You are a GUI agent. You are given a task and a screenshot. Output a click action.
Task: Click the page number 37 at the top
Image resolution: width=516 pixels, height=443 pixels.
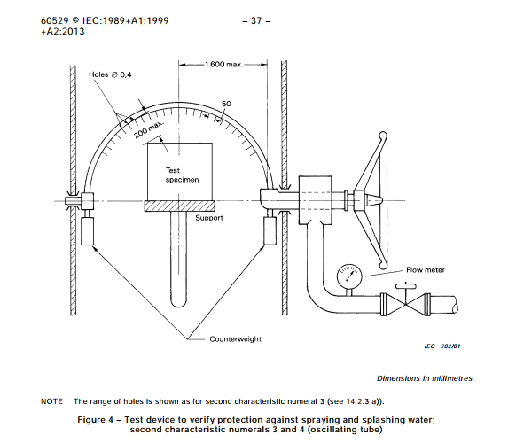(x=256, y=21)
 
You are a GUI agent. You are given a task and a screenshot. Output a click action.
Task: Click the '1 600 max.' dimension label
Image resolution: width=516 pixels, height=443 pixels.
(x=223, y=65)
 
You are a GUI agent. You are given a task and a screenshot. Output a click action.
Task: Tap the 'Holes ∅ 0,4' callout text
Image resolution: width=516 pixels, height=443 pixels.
(x=110, y=74)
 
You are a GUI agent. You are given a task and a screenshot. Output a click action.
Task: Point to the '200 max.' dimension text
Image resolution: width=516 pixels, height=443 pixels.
(x=149, y=129)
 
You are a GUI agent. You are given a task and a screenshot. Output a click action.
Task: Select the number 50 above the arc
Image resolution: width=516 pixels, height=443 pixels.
(x=226, y=104)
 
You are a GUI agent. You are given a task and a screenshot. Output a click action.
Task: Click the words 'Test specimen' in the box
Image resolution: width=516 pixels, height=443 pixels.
(x=182, y=175)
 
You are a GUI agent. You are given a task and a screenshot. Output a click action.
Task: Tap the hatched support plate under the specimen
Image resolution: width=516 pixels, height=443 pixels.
(x=180, y=206)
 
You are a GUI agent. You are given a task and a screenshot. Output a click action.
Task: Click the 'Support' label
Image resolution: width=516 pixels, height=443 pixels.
(x=209, y=218)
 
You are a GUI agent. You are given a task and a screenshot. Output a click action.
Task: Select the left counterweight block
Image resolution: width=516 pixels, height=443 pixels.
(x=87, y=231)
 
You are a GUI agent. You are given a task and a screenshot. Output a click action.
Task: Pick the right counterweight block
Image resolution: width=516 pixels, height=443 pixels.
(x=270, y=231)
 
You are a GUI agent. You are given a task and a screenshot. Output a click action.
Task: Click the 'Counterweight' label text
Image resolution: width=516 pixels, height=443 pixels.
(x=235, y=339)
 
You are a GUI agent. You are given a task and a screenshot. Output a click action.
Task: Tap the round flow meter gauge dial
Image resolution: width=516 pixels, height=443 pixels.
(x=349, y=276)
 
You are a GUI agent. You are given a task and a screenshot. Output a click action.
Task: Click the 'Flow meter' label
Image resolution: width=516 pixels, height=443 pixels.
(x=426, y=270)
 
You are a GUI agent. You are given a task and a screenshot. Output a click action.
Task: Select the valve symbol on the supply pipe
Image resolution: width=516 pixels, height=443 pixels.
(x=405, y=305)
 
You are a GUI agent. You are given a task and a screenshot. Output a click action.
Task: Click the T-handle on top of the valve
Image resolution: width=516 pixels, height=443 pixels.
(x=405, y=286)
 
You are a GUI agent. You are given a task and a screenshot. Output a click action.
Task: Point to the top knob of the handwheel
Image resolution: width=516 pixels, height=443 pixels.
(x=383, y=136)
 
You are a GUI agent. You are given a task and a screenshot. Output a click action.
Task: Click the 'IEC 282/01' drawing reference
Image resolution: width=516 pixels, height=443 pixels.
(x=442, y=346)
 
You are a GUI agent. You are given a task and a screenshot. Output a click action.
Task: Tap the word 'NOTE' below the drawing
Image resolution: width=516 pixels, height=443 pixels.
(x=51, y=401)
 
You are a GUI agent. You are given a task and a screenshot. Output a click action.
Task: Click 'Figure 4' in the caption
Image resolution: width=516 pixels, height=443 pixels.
(x=96, y=420)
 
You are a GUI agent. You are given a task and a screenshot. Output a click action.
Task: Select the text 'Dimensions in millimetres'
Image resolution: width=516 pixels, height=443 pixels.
(x=424, y=378)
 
